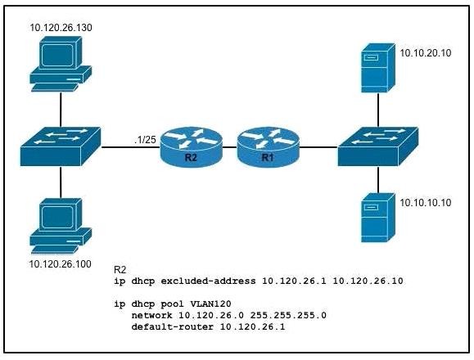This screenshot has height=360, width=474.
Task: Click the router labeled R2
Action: pyautogui.click(x=191, y=147)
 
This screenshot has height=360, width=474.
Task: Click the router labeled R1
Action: pyautogui.click(x=269, y=147)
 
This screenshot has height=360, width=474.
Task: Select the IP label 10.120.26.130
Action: pyautogui.click(x=61, y=28)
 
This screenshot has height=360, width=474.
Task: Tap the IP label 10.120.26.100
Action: pyautogui.click(x=60, y=264)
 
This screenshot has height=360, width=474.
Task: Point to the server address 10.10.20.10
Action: pyautogui.click(x=426, y=53)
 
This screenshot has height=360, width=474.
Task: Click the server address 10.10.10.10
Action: pyautogui.click(x=426, y=203)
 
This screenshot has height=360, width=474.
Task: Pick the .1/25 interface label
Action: pyautogui.click(x=145, y=140)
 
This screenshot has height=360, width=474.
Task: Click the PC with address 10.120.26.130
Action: pyautogui.click(x=61, y=64)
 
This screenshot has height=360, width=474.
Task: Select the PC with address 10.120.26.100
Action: pyautogui.click(x=61, y=226)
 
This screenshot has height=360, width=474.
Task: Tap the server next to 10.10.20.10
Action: pyautogui.click(x=378, y=68)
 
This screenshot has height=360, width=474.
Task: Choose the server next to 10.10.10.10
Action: pyautogui.click(x=378, y=218)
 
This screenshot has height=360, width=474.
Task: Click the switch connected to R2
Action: pyautogui.click(x=61, y=146)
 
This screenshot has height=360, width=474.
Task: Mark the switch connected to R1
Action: pyautogui.click(x=378, y=146)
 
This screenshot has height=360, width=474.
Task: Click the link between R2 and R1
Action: pyautogui.click(x=230, y=147)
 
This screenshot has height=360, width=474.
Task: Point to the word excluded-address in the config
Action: pyautogui.click(x=208, y=281)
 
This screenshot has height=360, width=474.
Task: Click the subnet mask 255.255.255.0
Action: pyautogui.click(x=288, y=315)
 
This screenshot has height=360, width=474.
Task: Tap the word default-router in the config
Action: pyautogui.click(x=173, y=326)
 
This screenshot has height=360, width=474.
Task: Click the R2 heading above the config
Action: pyautogui.click(x=120, y=270)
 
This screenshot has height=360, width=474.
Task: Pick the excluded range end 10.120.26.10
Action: pyautogui.click(x=368, y=281)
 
